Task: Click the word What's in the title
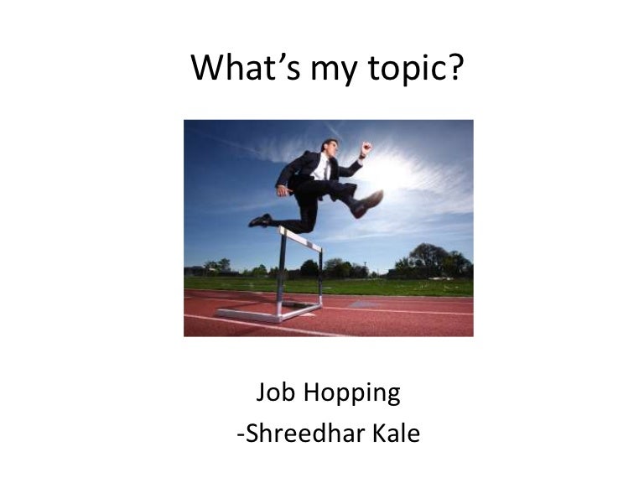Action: (242, 68)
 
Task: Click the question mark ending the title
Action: (456, 67)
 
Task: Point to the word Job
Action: (273, 392)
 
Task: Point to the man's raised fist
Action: (366, 148)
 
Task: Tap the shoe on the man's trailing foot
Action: (260, 221)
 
